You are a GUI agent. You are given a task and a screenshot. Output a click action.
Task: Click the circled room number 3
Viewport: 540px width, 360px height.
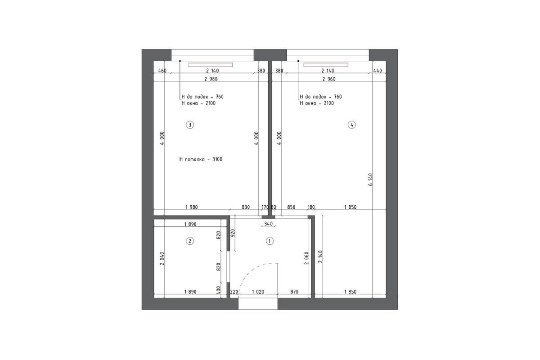[x=190, y=125]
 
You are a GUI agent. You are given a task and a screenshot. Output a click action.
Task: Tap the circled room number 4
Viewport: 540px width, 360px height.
[x=352, y=125]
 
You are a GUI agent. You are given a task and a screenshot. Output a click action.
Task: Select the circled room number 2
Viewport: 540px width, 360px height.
[x=190, y=241]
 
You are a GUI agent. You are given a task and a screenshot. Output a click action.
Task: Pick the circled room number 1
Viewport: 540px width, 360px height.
[x=270, y=241]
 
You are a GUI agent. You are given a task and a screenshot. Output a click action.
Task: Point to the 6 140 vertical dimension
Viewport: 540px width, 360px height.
[x=370, y=180]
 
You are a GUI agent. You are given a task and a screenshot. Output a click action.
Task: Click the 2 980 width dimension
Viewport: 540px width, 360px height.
[x=211, y=79]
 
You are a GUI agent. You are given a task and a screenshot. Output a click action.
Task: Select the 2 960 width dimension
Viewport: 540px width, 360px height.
[x=329, y=79]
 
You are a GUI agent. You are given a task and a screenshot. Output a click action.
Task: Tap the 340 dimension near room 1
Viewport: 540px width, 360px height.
[x=268, y=224]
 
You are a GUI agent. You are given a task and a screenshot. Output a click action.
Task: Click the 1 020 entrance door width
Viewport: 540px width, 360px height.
[x=258, y=292]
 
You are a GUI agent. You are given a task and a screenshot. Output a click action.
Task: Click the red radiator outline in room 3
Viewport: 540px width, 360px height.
[x=211, y=65]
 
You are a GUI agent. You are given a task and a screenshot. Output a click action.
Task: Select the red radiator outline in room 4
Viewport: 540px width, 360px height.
[x=326, y=65]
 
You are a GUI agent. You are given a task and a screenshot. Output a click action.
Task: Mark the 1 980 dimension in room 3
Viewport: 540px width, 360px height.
[x=192, y=207]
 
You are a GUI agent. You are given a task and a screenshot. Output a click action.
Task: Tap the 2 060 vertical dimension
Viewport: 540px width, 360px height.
[x=306, y=258]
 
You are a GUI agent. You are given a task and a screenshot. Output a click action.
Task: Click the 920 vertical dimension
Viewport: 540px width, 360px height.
[x=233, y=233]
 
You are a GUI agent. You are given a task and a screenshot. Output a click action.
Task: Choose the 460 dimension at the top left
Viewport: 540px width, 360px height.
[x=162, y=71]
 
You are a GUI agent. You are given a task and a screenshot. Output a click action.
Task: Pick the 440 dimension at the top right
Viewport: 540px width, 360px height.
[x=378, y=71]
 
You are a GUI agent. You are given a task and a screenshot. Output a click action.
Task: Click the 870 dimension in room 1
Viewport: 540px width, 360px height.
[x=294, y=292]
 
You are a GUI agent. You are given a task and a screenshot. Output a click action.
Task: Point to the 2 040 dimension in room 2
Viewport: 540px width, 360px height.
[x=162, y=259]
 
